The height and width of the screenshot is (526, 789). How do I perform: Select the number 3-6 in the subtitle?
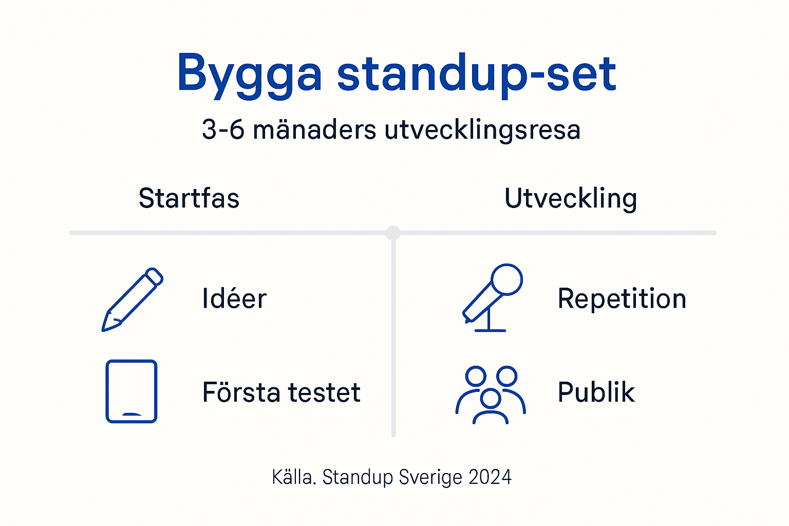click(x=223, y=129)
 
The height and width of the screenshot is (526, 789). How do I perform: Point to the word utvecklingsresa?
click(x=482, y=129)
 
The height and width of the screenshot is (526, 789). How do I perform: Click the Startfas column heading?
click(x=189, y=198)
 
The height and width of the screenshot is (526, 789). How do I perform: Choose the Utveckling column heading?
click(x=571, y=199)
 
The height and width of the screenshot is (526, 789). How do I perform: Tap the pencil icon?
click(x=132, y=299)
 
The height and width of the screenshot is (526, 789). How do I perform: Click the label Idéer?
click(x=234, y=299)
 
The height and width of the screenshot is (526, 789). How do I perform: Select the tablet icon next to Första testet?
click(x=131, y=391)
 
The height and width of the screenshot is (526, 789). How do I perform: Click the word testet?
click(x=324, y=392)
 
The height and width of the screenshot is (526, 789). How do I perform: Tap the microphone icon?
click(x=492, y=298)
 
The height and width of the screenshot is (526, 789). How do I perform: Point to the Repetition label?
click(x=622, y=299)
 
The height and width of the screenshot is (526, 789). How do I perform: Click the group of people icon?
click(x=491, y=394)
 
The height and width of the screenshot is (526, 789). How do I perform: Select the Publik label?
click(x=596, y=392)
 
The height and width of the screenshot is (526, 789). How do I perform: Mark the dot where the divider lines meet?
click(x=393, y=233)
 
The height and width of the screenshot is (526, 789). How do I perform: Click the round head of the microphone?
click(x=506, y=279)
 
